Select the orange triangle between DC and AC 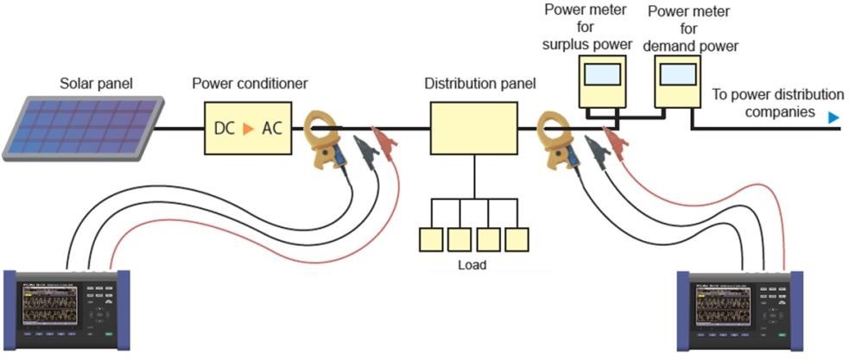248,129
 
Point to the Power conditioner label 250,84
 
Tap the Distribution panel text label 479,84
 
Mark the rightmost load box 516,239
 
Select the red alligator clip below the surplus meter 614,137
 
